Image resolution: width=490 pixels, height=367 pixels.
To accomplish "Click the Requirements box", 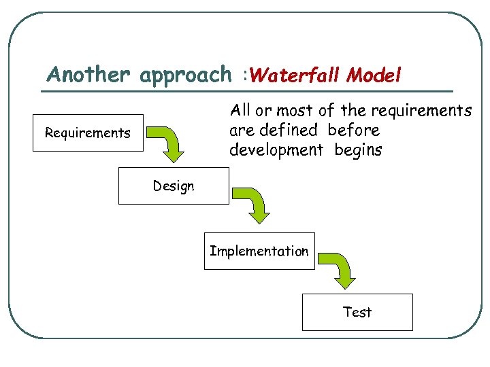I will pos(88,133).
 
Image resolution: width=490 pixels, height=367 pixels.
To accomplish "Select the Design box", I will pos(174,186).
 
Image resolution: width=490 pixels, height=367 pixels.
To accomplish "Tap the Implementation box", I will pos(259,251).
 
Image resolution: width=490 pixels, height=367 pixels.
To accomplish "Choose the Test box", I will pos(357,312).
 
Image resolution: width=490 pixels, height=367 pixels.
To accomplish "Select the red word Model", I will pos(374,75).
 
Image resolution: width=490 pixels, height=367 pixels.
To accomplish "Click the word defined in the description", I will pos(289,130).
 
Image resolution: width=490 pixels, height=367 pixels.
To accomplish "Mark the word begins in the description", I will pos(358,150).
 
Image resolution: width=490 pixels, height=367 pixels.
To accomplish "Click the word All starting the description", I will pos(240,110).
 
